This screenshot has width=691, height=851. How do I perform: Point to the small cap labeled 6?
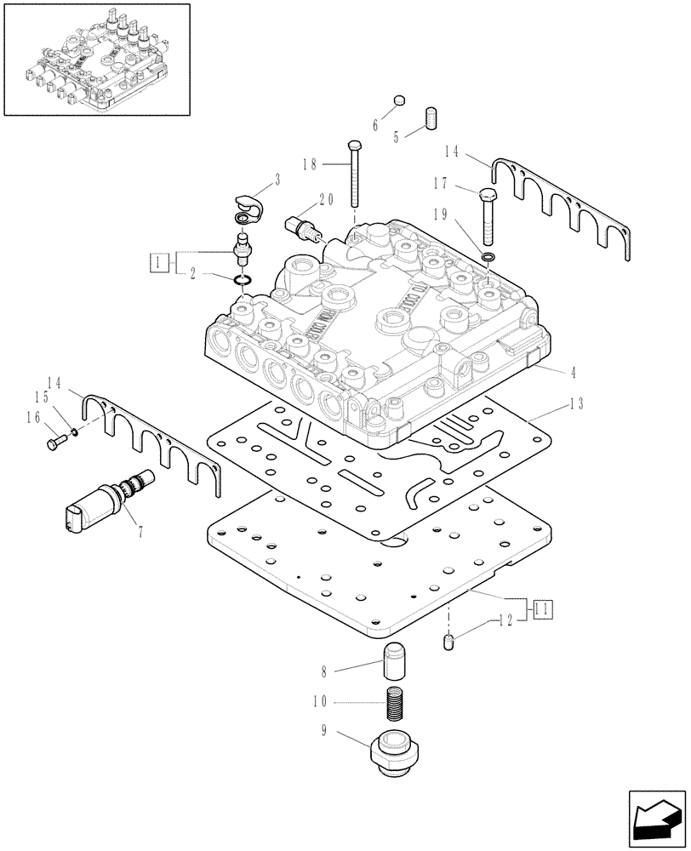click(399, 105)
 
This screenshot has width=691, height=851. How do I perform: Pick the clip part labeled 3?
click(250, 208)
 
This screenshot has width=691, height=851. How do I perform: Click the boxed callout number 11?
click(542, 608)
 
